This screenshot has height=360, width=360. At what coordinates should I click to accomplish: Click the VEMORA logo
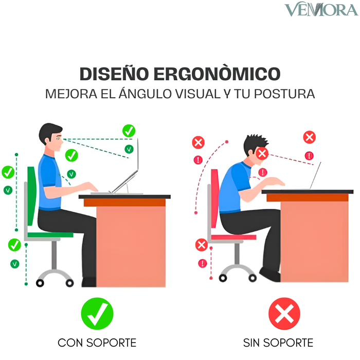(x=321, y=9)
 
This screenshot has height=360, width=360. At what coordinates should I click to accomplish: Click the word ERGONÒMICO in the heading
(x=217, y=74)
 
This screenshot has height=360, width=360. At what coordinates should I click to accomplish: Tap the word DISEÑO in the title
(x=114, y=74)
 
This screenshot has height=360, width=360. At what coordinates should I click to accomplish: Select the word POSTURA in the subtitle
(x=284, y=94)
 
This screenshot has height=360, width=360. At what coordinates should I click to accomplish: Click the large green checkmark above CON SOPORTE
(x=97, y=313)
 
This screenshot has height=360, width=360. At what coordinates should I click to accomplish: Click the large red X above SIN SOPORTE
(x=284, y=313)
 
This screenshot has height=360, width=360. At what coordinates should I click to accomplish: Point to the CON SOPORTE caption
(x=97, y=343)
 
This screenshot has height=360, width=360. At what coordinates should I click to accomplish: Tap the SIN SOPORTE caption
(x=278, y=343)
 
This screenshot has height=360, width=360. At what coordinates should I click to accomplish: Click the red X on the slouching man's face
(x=262, y=153)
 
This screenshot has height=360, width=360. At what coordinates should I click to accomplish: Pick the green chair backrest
(x=31, y=196)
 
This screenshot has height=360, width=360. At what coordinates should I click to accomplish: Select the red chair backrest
(x=215, y=198)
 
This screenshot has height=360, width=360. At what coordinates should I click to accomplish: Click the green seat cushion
(x=50, y=235)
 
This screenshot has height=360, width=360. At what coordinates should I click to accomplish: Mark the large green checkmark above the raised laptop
(x=129, y=131)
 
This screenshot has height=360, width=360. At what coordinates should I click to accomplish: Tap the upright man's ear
(x=47, y=140)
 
